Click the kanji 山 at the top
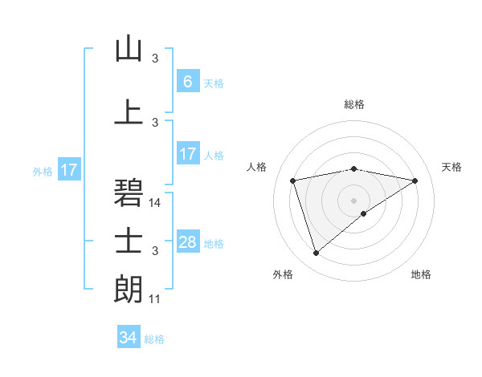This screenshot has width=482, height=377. coord(129,50)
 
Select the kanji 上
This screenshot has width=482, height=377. coord(129,111)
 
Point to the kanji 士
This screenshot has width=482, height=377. coord(129,240)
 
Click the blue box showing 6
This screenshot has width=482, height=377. coord(187,82)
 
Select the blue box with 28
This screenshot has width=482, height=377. coord(187,242)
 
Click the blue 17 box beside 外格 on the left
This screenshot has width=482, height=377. coord(69,170)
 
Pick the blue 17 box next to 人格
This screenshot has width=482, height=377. coord(187,154)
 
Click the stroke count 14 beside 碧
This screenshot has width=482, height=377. coord(156,203)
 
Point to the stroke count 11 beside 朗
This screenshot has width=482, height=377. coord(156,299)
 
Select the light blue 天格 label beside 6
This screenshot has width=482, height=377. coord(214,83)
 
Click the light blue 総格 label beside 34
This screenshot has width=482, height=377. coord(154,339)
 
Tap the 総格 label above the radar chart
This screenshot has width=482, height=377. coord(353,104)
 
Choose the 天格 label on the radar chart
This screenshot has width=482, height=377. coord(452,167)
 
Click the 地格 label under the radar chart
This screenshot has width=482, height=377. coord(421,274)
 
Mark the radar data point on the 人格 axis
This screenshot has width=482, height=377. coord(293,180)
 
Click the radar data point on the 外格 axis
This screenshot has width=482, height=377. coord(316,253)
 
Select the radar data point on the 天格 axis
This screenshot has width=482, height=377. coord(415,180)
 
